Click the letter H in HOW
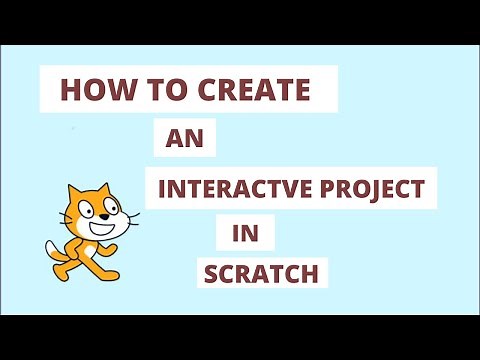[71, 91]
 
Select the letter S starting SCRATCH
[213, 272]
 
